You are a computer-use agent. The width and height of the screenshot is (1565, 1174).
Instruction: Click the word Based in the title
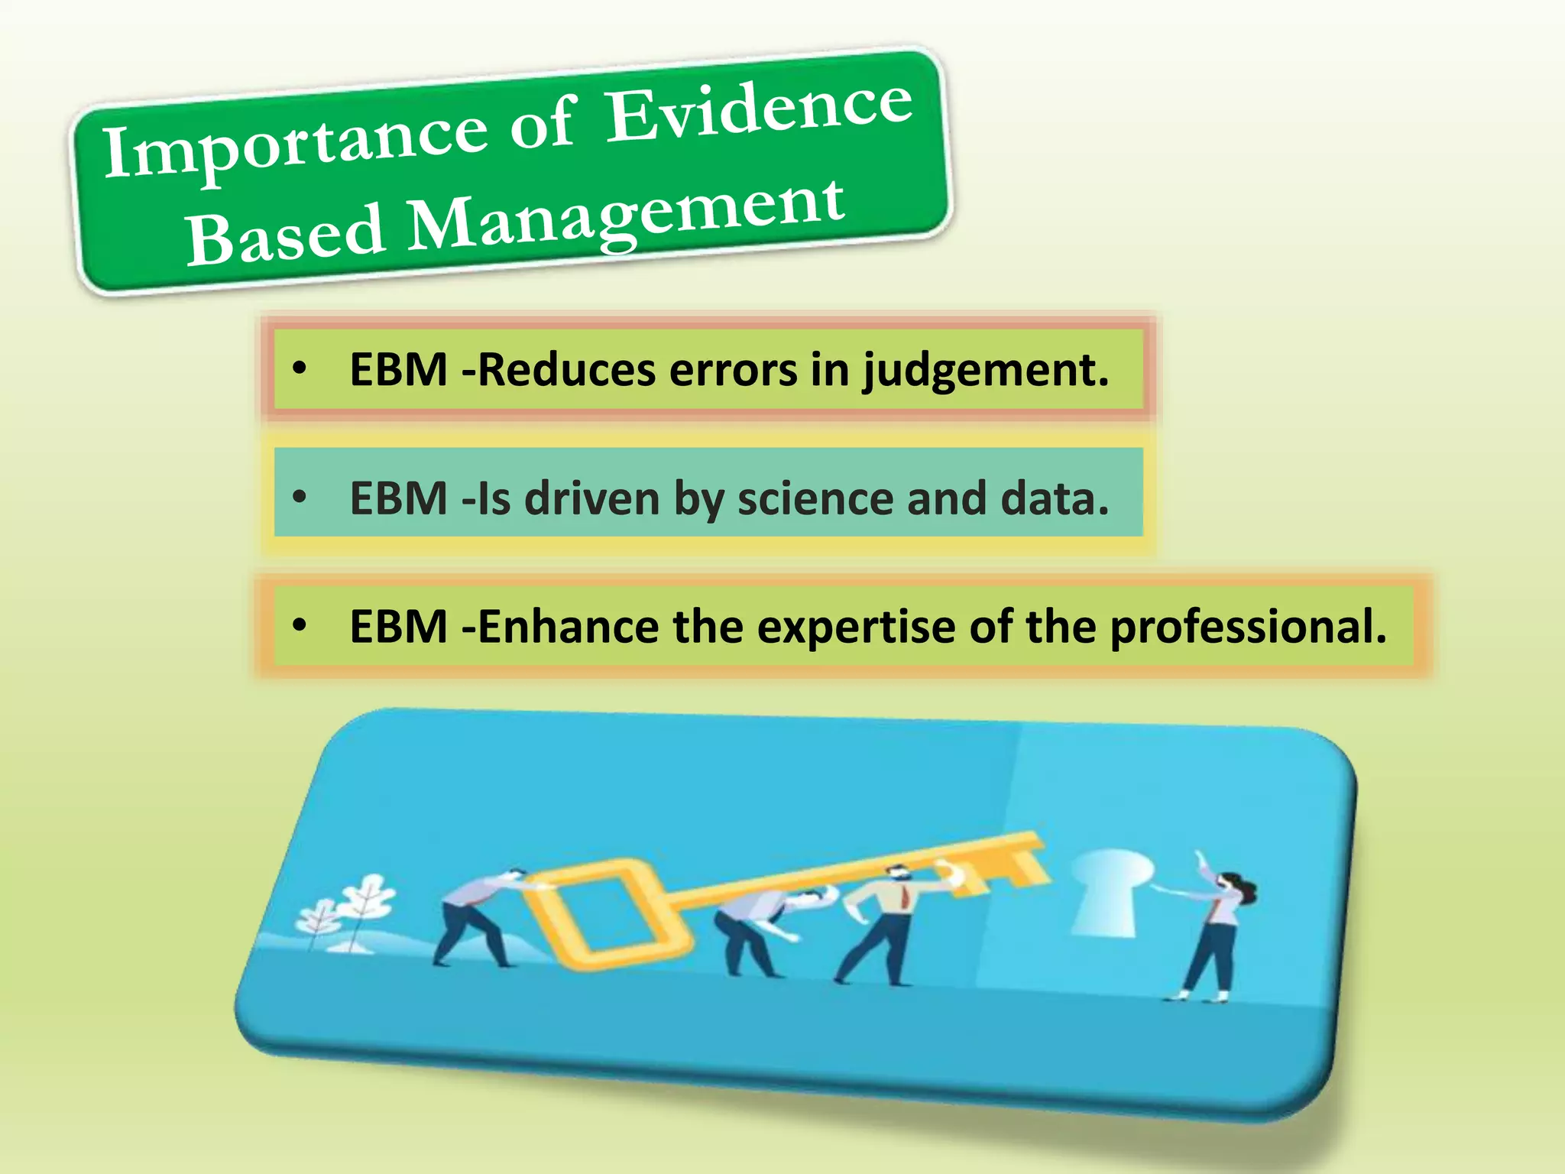click(x=284, y=234)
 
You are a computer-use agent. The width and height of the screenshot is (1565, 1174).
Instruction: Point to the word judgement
click(x=986, y=371)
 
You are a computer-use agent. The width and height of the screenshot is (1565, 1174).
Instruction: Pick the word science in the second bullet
click(x=815, y=498)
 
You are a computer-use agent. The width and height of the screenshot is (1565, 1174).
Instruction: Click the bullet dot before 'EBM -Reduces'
click(x=300, y=370)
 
